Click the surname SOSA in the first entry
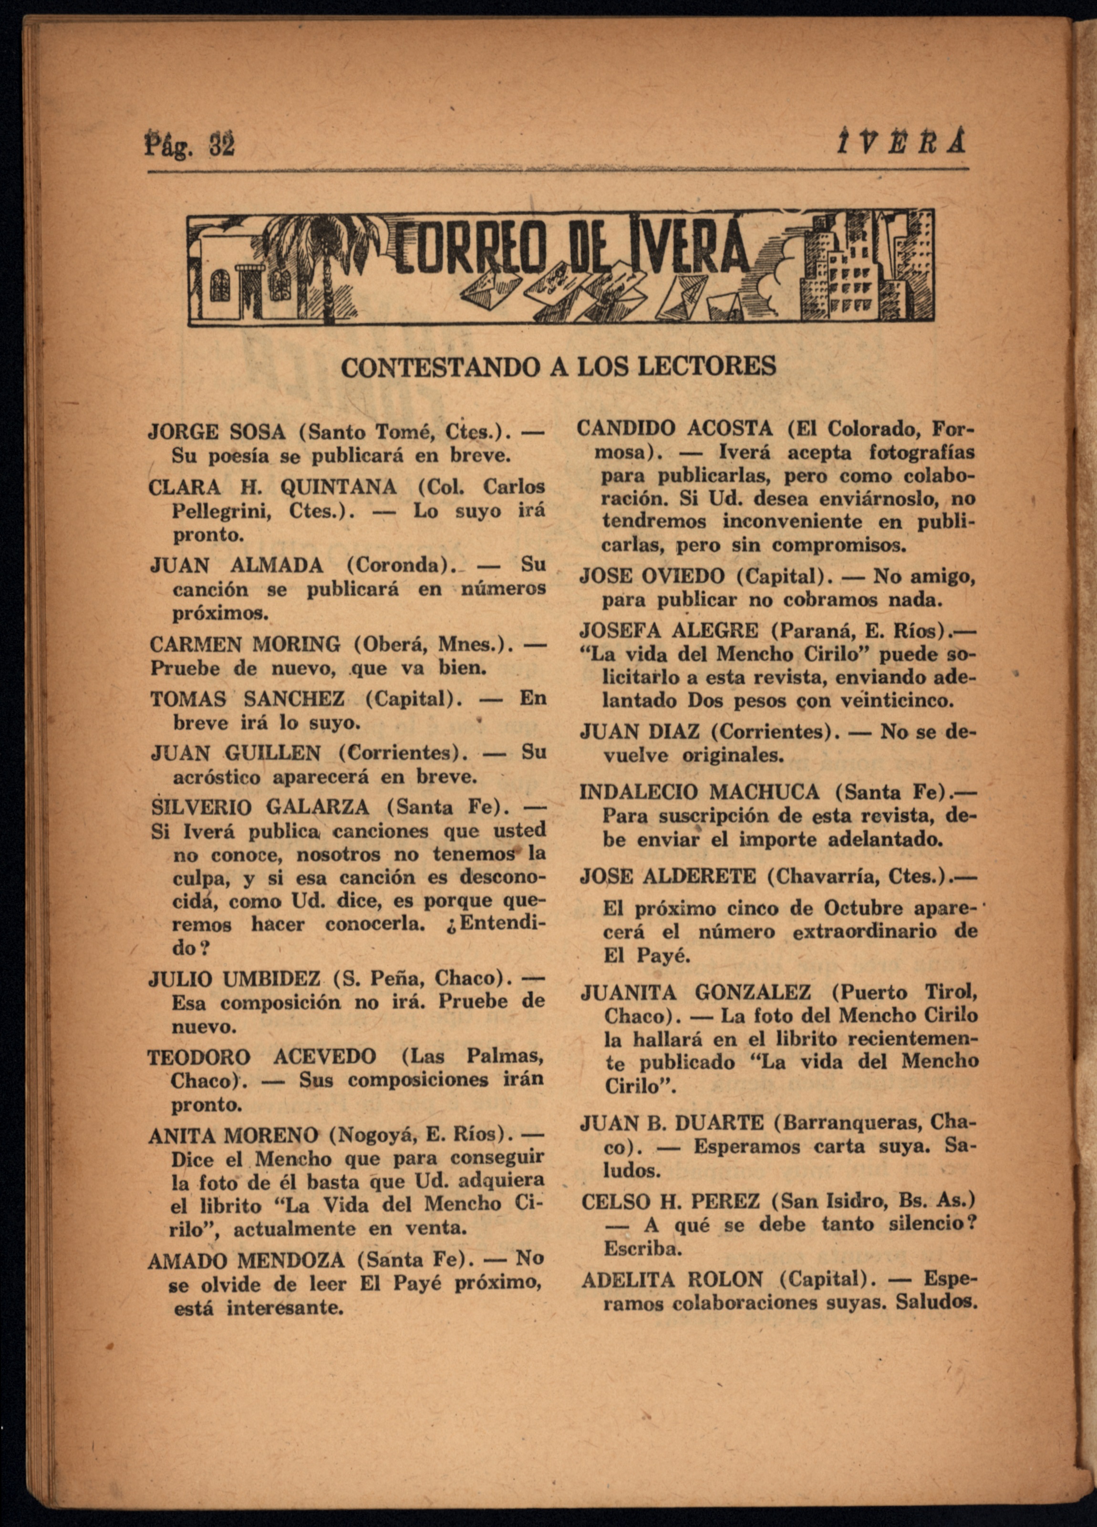(x=257, y=431)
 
